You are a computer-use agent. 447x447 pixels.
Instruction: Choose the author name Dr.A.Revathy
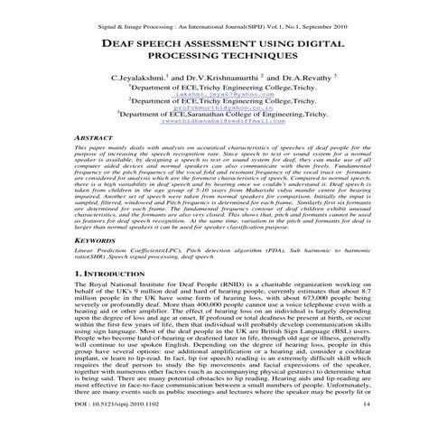pyautogui.click(x=304, y=79)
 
